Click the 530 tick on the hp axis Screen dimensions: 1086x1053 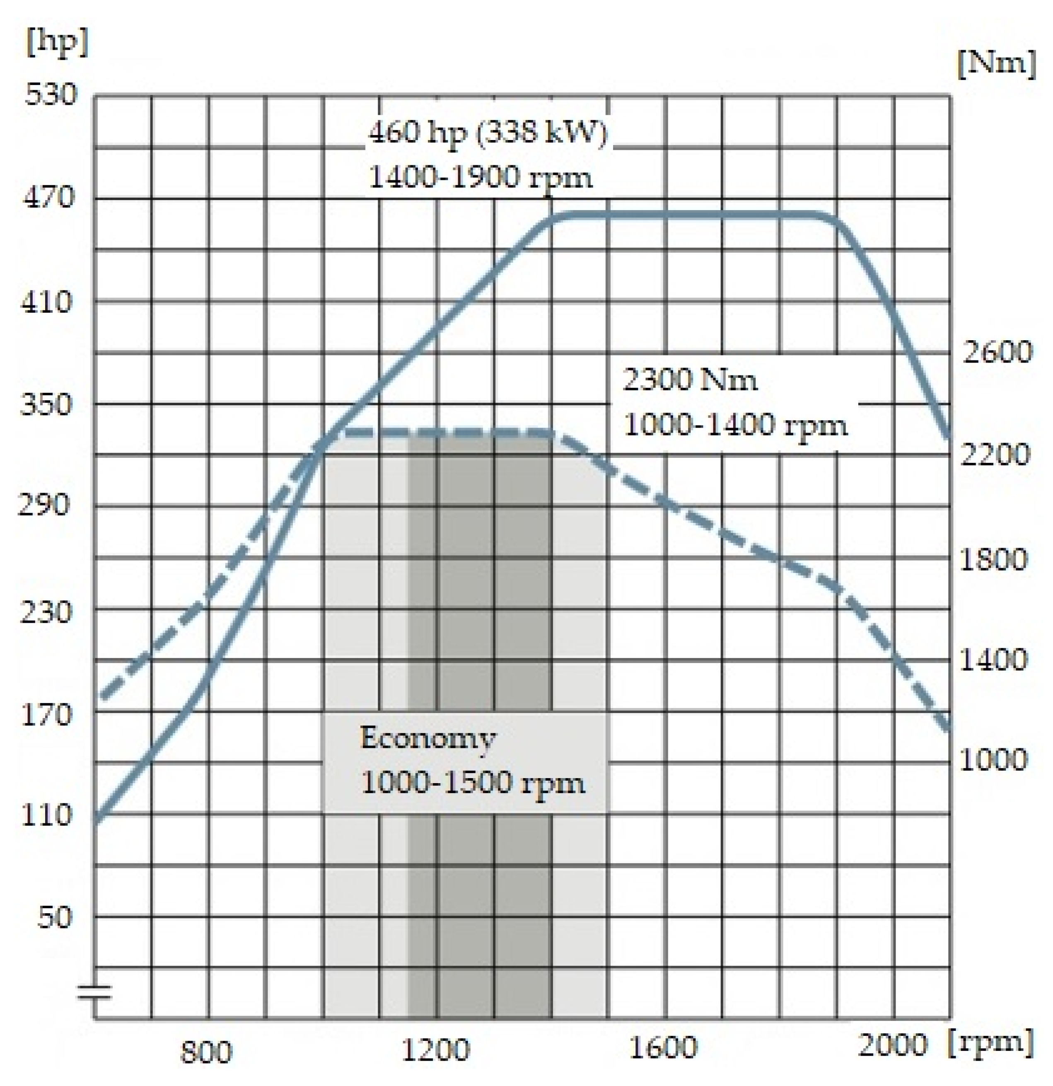pyautogui.click(x=49, y=95)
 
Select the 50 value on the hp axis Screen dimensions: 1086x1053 pyautogui.click(x=55, y=917)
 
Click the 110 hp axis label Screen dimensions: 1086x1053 pyautogui.click(x=46, y=815)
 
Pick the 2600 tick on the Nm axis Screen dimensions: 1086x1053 pyautogui.click(x=997, y=352)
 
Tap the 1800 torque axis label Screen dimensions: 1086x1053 pyautogui.click(x=993, y=559)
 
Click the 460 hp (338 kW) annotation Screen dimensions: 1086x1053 pyautogui.click(x=488, y=133)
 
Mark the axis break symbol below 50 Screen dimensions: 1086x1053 pyautogui.click(x=94, y=992)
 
